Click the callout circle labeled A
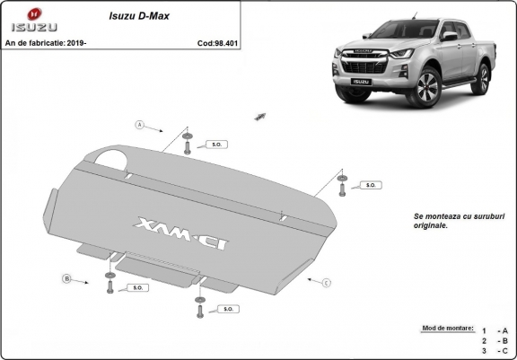click(x=140, y=124)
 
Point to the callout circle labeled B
click(x=66, y=279)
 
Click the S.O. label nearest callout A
click(x=215, y=144)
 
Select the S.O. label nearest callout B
click(x=138, y=287)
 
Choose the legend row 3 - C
click(x=495, y=351)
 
